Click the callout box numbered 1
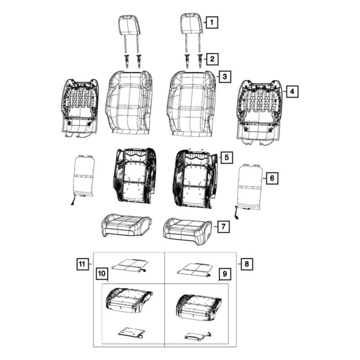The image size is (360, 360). pyautogui.click(x=211, y=22)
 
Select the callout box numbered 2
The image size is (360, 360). pyautogui.click(x=212, y=59)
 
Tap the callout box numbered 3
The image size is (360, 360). pyautogui.click(x=225, y=76)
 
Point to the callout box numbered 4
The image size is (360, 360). pyautogui.click(x=292, y=92)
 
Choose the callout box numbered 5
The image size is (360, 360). pyautogui.click(x=227, y=157)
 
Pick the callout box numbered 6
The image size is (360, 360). pyautogui.click(x=272, y=178)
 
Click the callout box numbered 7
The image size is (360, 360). pyautogui.click(x=223, y=227)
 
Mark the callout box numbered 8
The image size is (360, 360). pyautogui.click(x=247, y=264)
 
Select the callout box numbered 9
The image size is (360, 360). pyautogui.click(x=225, y=274)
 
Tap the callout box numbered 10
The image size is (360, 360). pyautogui.click(x=102, y=274)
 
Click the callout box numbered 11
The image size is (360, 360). pyautogui.click(x=82, y=264)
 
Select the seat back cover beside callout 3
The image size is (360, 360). pyautogui.click(x=193, y=103)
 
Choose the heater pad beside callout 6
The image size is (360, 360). pyautogui.click(x=250, y=188)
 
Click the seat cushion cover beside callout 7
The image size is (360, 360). pyautogui.click(x=187, y=231)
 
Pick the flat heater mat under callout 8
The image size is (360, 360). pyautogui.click(x=195, y=269)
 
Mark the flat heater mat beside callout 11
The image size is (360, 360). pyautogui.click(x=130, y=265)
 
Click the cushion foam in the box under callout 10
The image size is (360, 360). pyautogui.click(x=129, y=300)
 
